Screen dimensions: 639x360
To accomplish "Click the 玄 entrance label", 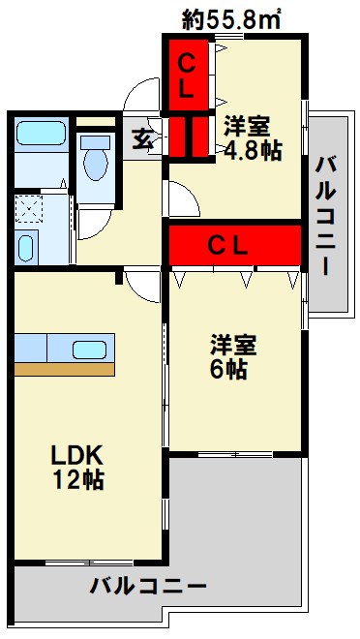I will coord(142,137).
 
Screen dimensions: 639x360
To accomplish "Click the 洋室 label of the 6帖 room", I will coord(235,345).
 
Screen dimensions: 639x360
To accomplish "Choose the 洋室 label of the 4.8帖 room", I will coord(249,125).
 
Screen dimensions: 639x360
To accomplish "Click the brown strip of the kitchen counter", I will coord(64,369).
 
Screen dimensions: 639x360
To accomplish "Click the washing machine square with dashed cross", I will coord(29,208).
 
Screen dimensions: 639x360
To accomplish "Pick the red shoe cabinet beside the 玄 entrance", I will coord(191,136).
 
